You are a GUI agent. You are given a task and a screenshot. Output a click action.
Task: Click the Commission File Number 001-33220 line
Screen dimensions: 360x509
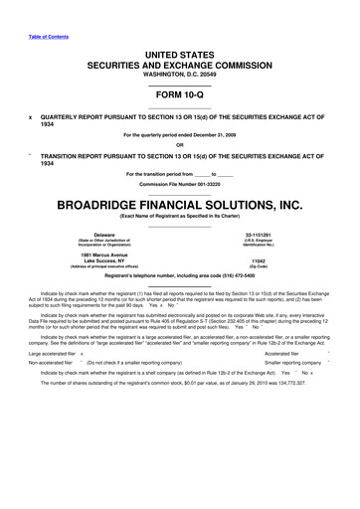click(179, 185)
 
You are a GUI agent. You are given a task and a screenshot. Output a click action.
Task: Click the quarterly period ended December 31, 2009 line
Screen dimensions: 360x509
click(179, 135)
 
